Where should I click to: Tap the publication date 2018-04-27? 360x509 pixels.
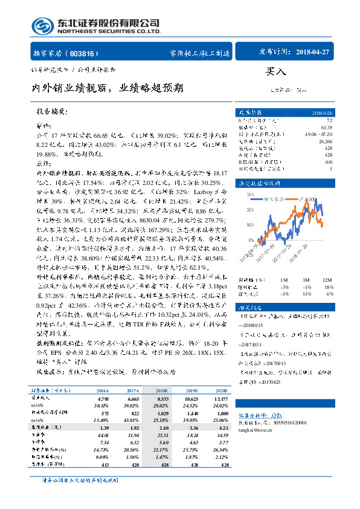(x=313, y=52)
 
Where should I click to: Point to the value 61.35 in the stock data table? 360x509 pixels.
(x=327, y=128)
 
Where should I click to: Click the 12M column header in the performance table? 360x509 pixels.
(x=327, y=279)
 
